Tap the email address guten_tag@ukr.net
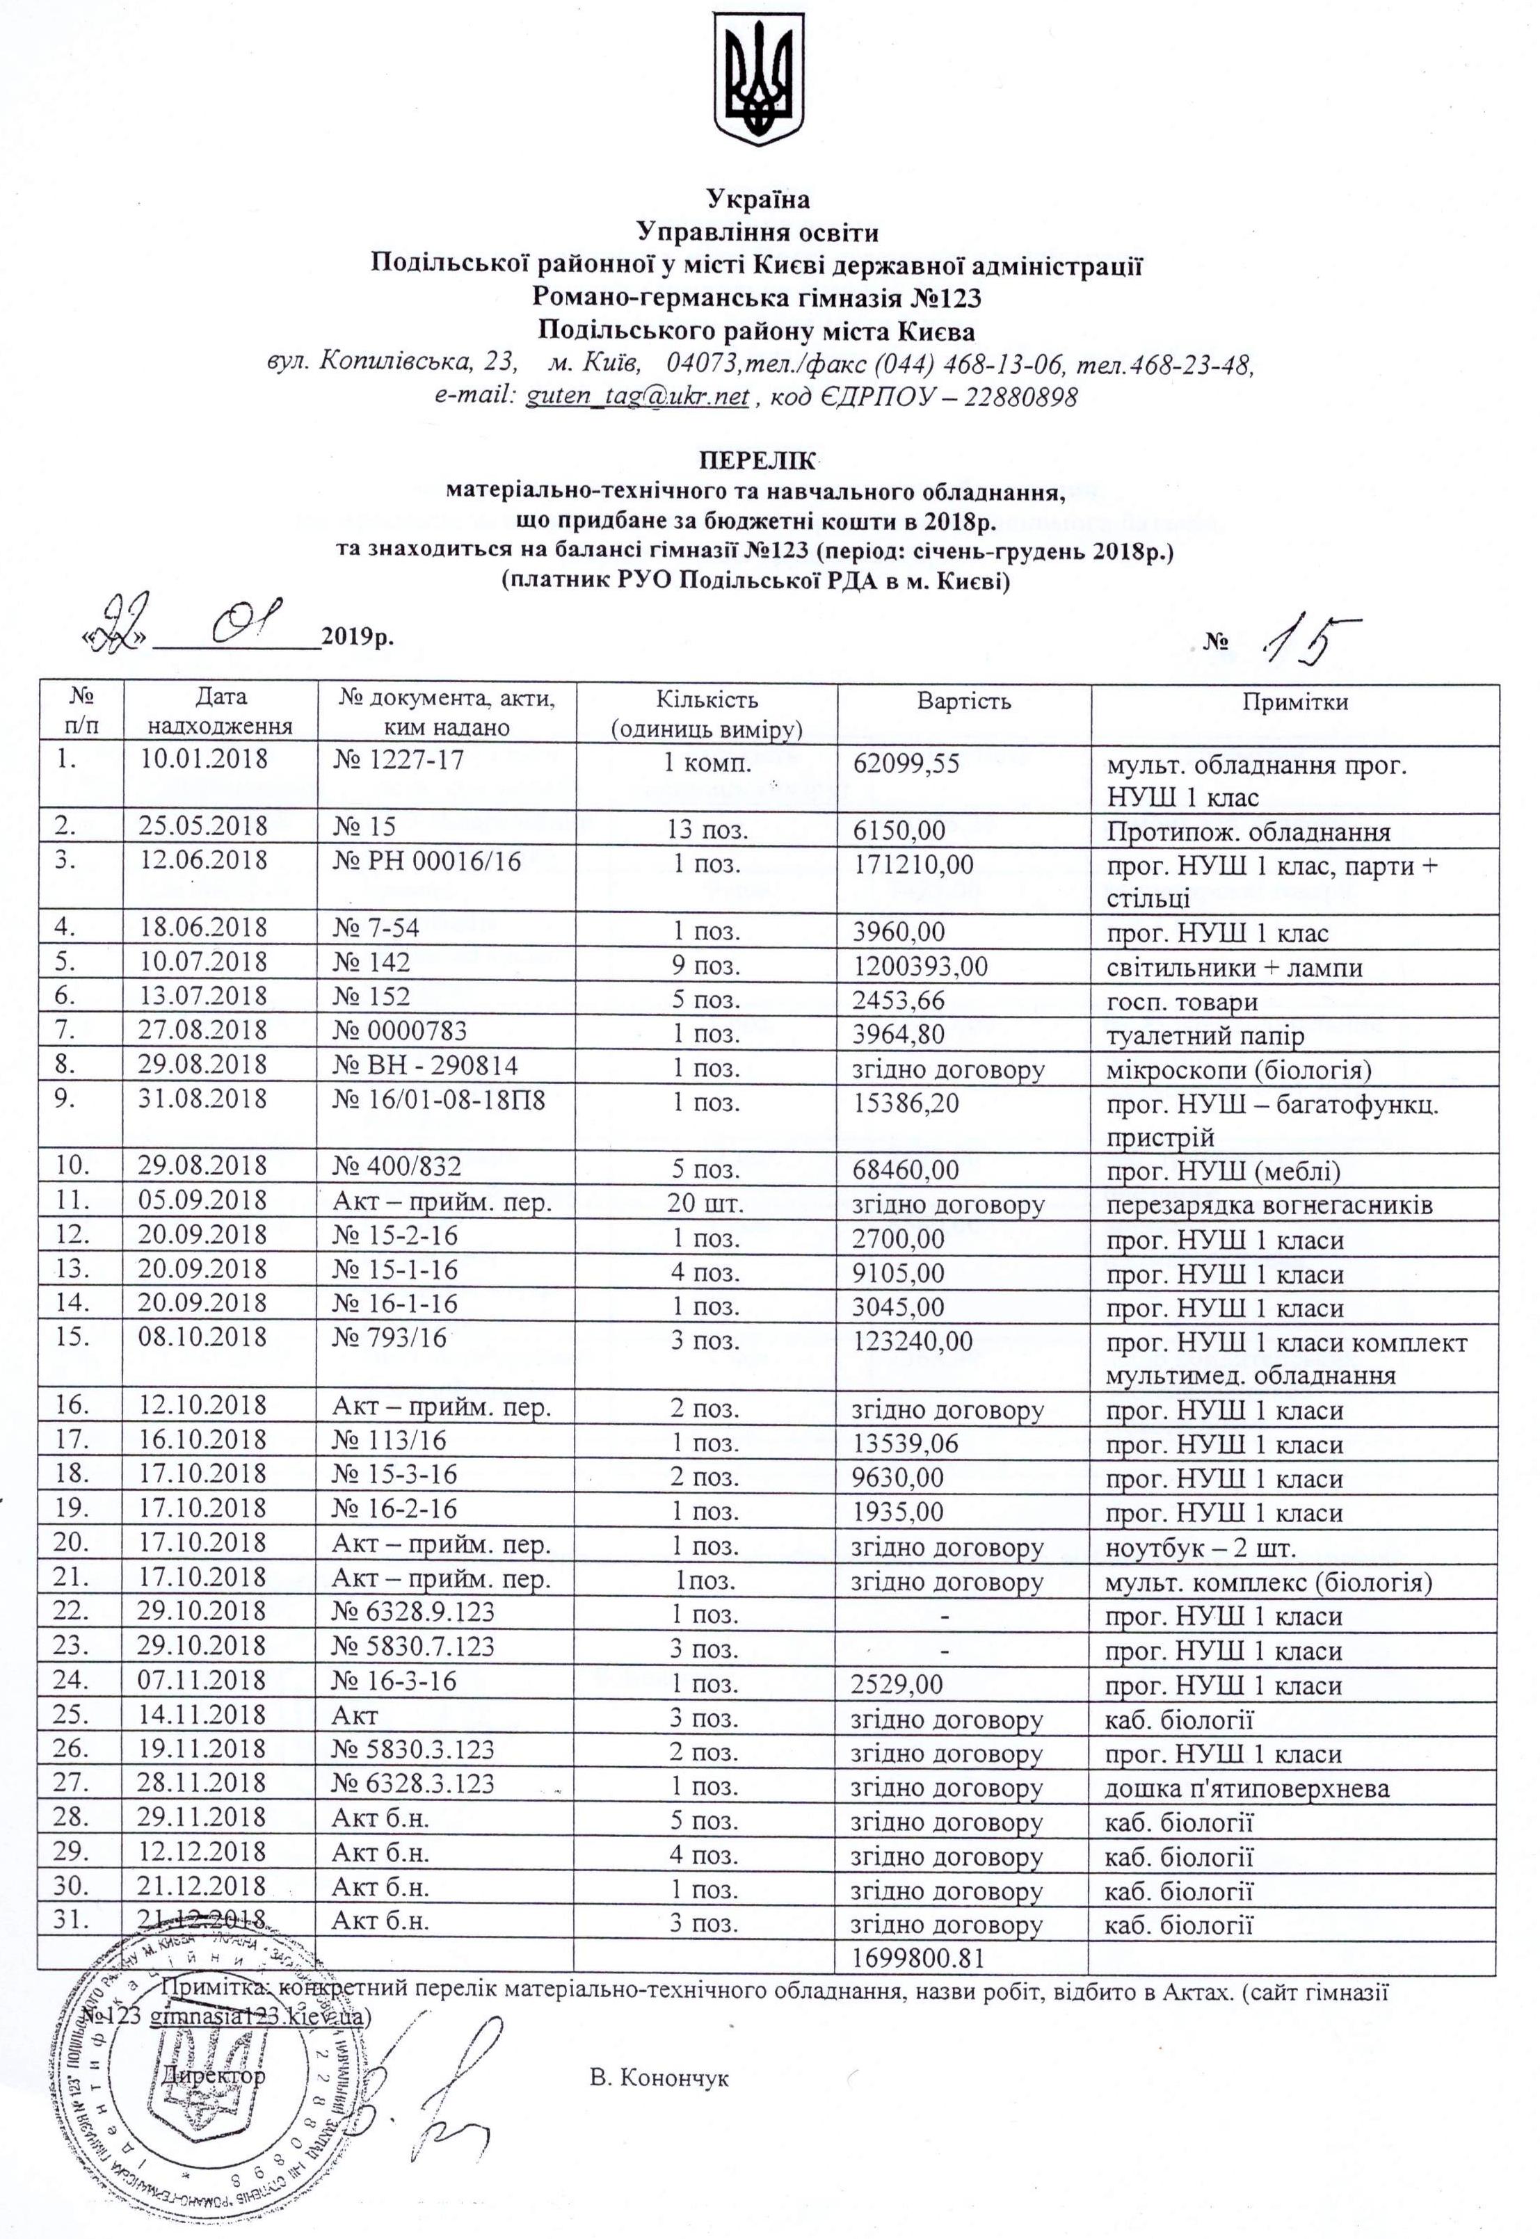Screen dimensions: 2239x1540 pos(637,396)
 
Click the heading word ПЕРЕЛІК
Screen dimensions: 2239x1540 pos(757,459)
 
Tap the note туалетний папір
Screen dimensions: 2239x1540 pos(1203,1035)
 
